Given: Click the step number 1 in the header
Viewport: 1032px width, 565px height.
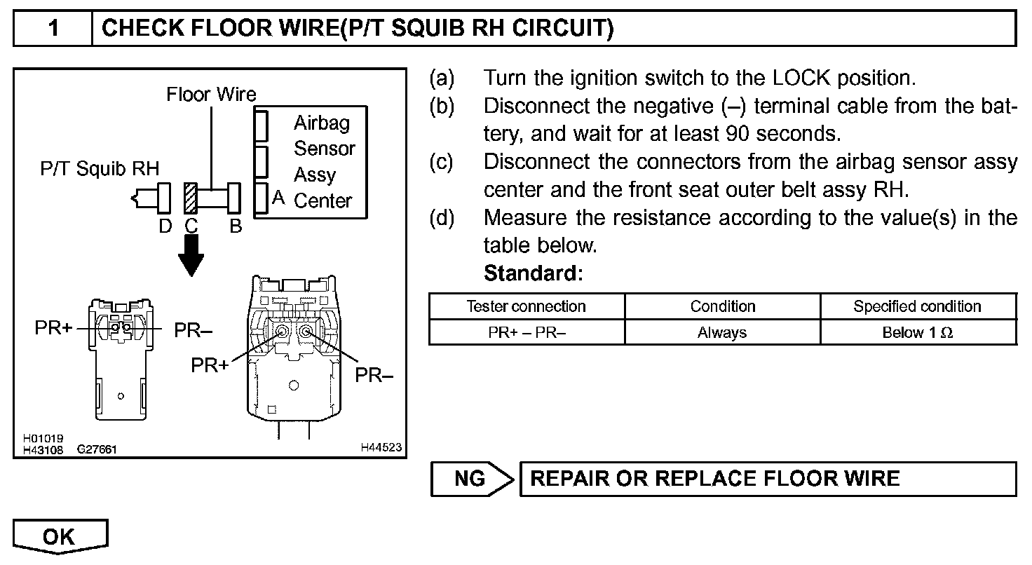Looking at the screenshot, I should click(53, 29).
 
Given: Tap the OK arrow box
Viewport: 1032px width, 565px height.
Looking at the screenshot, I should click(60, 537).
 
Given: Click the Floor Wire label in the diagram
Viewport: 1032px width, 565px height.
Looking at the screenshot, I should click(211, 94).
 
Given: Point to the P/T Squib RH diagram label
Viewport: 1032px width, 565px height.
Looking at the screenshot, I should click(99, 168).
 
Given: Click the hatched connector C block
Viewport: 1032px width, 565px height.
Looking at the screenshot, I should click(190, 198).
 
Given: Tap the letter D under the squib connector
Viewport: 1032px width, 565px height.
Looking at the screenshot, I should click(165, 226).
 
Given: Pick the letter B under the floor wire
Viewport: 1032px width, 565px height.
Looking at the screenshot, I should click(236, 226).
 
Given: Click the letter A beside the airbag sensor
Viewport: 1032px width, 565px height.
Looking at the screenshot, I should click(278, 198).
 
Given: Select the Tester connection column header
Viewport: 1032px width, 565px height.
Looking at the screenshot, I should click(526, 306).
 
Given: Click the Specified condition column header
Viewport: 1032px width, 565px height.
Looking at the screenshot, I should click(917, 306).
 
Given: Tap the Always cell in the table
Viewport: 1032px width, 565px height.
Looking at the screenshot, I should click(722, 333).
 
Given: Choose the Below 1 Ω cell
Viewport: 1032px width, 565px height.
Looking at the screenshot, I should click(917, 333).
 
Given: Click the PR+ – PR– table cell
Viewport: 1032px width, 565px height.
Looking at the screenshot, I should click(526, 333).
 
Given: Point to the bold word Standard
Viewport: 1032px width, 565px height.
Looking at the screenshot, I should click(533, 273).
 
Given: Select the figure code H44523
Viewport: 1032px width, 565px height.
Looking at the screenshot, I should click(381, 447).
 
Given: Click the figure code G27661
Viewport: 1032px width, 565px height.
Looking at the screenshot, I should click(97, 450).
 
